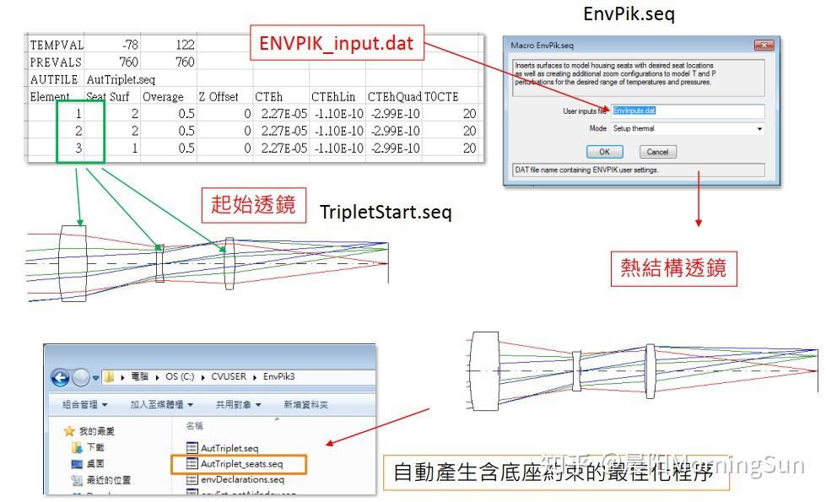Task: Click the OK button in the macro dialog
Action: coord(604,152)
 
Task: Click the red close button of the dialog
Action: coord(764,45)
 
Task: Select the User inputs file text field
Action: coord(687,111)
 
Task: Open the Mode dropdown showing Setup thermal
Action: coord(687,128)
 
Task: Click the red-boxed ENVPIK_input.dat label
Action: coord(336,44)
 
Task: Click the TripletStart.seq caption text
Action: coord(386,212)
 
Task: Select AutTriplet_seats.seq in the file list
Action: coord(241,463)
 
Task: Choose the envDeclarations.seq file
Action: coord(242,478)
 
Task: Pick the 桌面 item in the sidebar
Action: coord(95,463)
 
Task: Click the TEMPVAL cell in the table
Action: coord(56,44)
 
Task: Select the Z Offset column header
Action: coord(219,96)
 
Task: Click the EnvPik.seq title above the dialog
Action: coord(629,13)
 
